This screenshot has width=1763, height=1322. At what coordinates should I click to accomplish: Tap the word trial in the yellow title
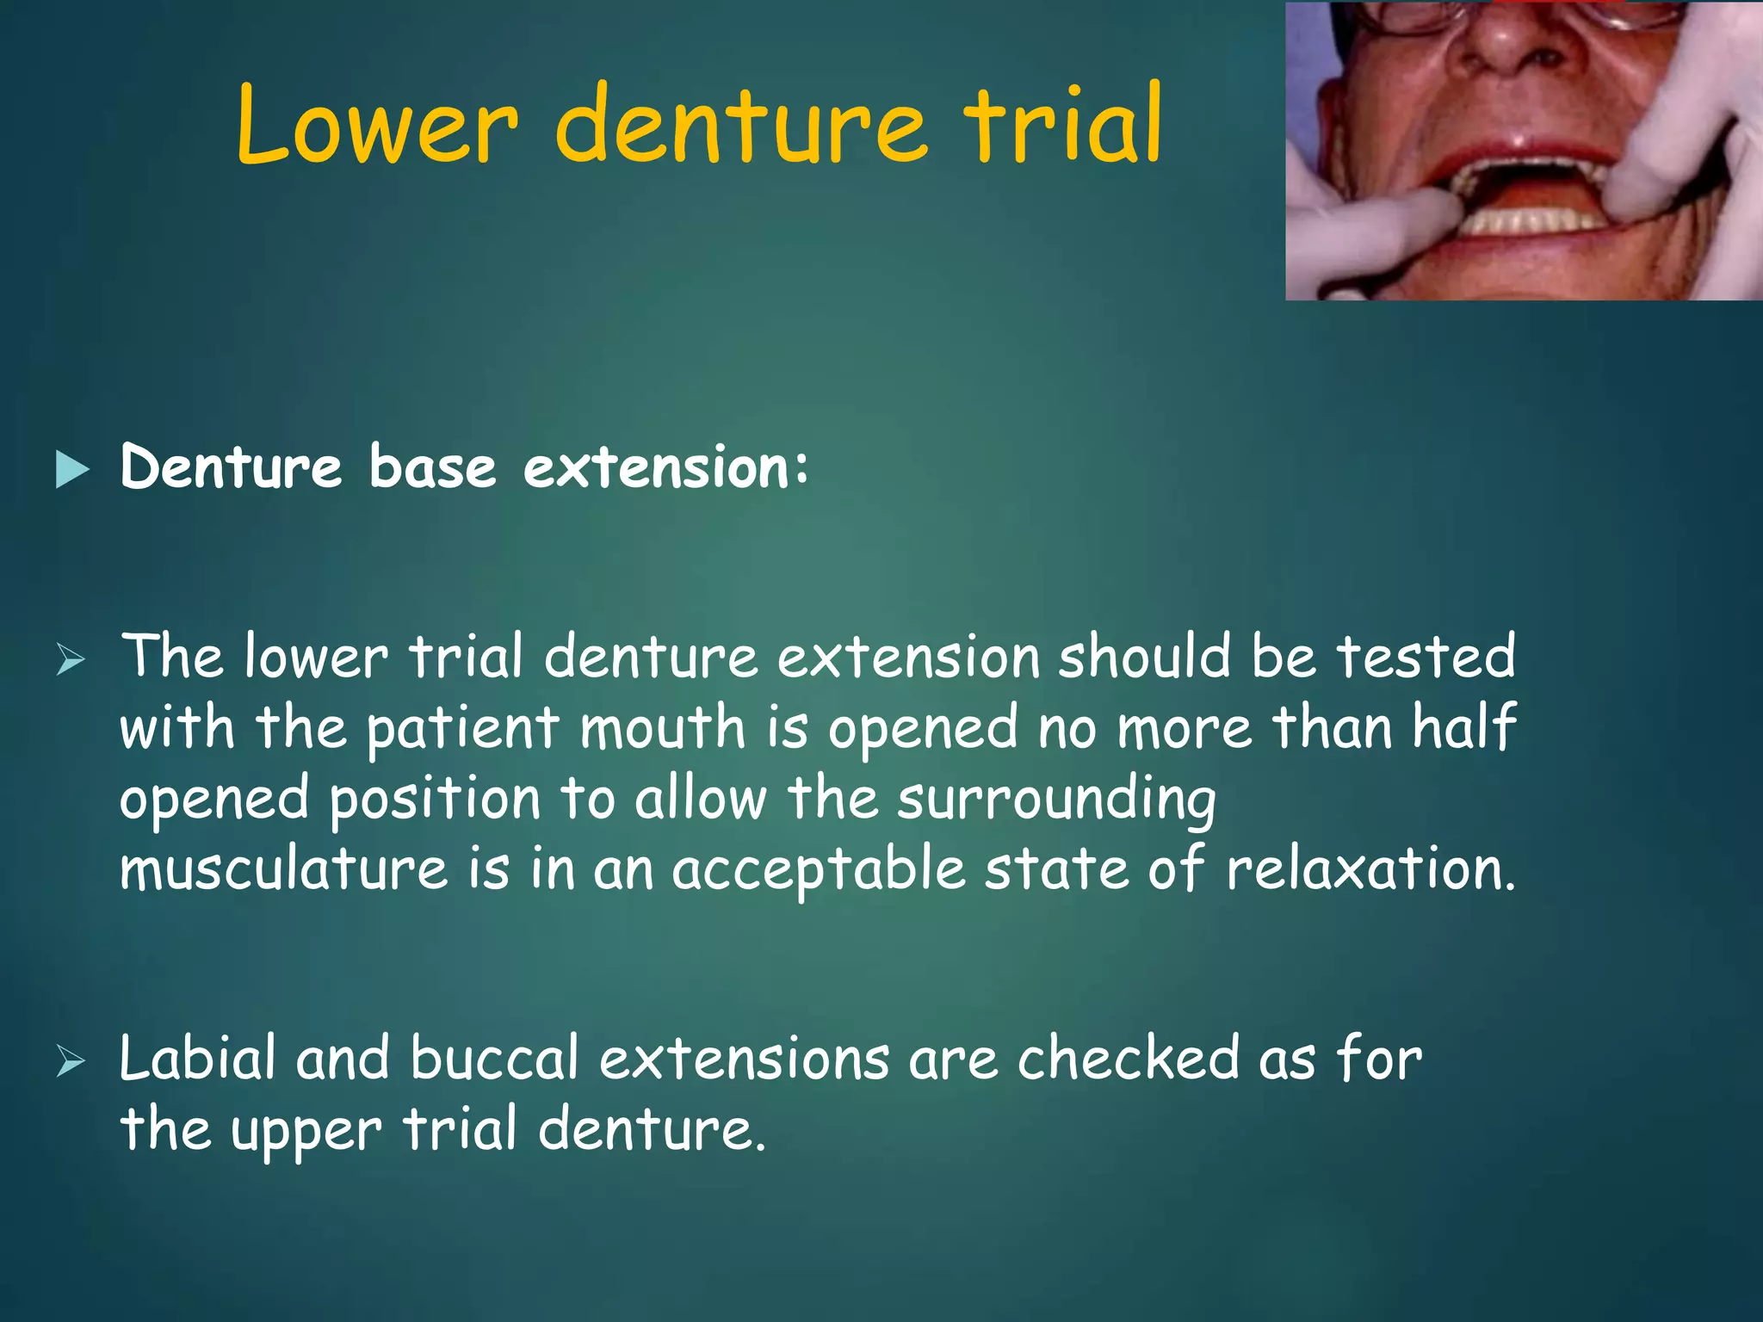click(x=1065, y=126)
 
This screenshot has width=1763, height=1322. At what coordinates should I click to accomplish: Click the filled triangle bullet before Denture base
click(x=72, y=470)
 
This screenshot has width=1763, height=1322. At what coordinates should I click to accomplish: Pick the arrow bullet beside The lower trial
click(x=71, y=660)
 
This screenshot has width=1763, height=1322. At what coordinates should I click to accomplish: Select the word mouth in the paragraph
click(x=662, y=728)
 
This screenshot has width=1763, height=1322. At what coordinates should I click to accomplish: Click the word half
click(x=1463, y=728)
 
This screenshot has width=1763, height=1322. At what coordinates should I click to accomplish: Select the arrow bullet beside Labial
click(x=71, y=1063)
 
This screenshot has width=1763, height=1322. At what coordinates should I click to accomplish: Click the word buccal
click(x=494, y=1059)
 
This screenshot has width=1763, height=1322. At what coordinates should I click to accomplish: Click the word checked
click(x=1128, y=1059)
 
